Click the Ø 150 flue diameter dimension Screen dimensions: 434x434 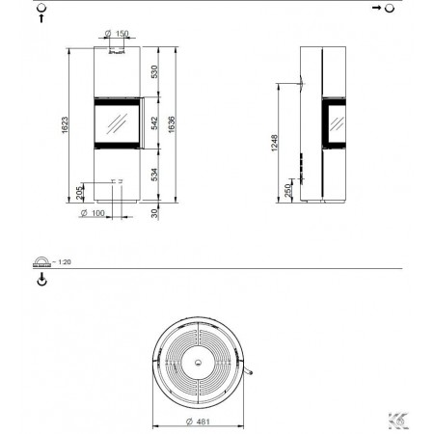coord(117,33)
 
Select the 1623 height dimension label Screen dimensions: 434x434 coord(65,125)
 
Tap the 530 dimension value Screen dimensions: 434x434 coord(154,71)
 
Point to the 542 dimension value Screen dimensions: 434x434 coord(154,123)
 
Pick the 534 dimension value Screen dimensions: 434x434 coord(154,175)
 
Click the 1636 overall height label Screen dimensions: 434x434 coord(172,124)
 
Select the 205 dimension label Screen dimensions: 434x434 coord(79,193)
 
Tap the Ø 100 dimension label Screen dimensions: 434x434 coord(93,213)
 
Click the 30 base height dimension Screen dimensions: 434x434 coord(154,213)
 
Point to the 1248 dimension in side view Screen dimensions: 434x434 coord(274,143)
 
